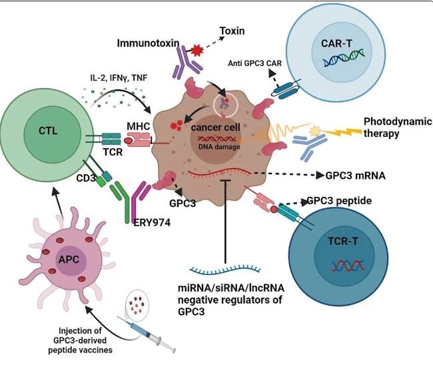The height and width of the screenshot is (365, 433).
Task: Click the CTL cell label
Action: coord(48,131)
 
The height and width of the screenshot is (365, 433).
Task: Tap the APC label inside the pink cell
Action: coord(69,260)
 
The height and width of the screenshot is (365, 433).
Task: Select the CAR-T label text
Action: coord(336,43)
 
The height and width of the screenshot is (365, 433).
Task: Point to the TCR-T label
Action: coord(342,242)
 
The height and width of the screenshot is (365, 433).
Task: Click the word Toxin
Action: coord(232,31)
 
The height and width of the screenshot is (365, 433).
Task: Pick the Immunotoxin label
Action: coord(148,43)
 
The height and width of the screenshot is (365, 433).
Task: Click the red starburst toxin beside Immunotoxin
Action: coord(197,50)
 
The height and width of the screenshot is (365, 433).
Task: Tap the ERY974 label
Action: coord(152,222)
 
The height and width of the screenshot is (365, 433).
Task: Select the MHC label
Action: coord(138,126)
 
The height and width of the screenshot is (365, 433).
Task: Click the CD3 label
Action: coord(86,178)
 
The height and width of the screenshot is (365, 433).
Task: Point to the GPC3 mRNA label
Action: coord(356,175)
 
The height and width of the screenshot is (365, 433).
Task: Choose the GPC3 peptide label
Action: coord(339,200)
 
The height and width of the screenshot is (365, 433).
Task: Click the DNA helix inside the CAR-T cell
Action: coord(344,57)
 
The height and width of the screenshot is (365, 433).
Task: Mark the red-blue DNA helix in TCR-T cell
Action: coord(348,266)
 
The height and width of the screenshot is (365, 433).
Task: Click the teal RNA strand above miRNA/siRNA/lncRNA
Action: coord(224,269)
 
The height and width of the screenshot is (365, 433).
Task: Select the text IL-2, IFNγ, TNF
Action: coord(119,77)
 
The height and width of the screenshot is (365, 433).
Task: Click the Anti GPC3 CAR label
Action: coord(254,63)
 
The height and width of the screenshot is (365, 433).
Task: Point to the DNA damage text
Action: coord(219,147)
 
